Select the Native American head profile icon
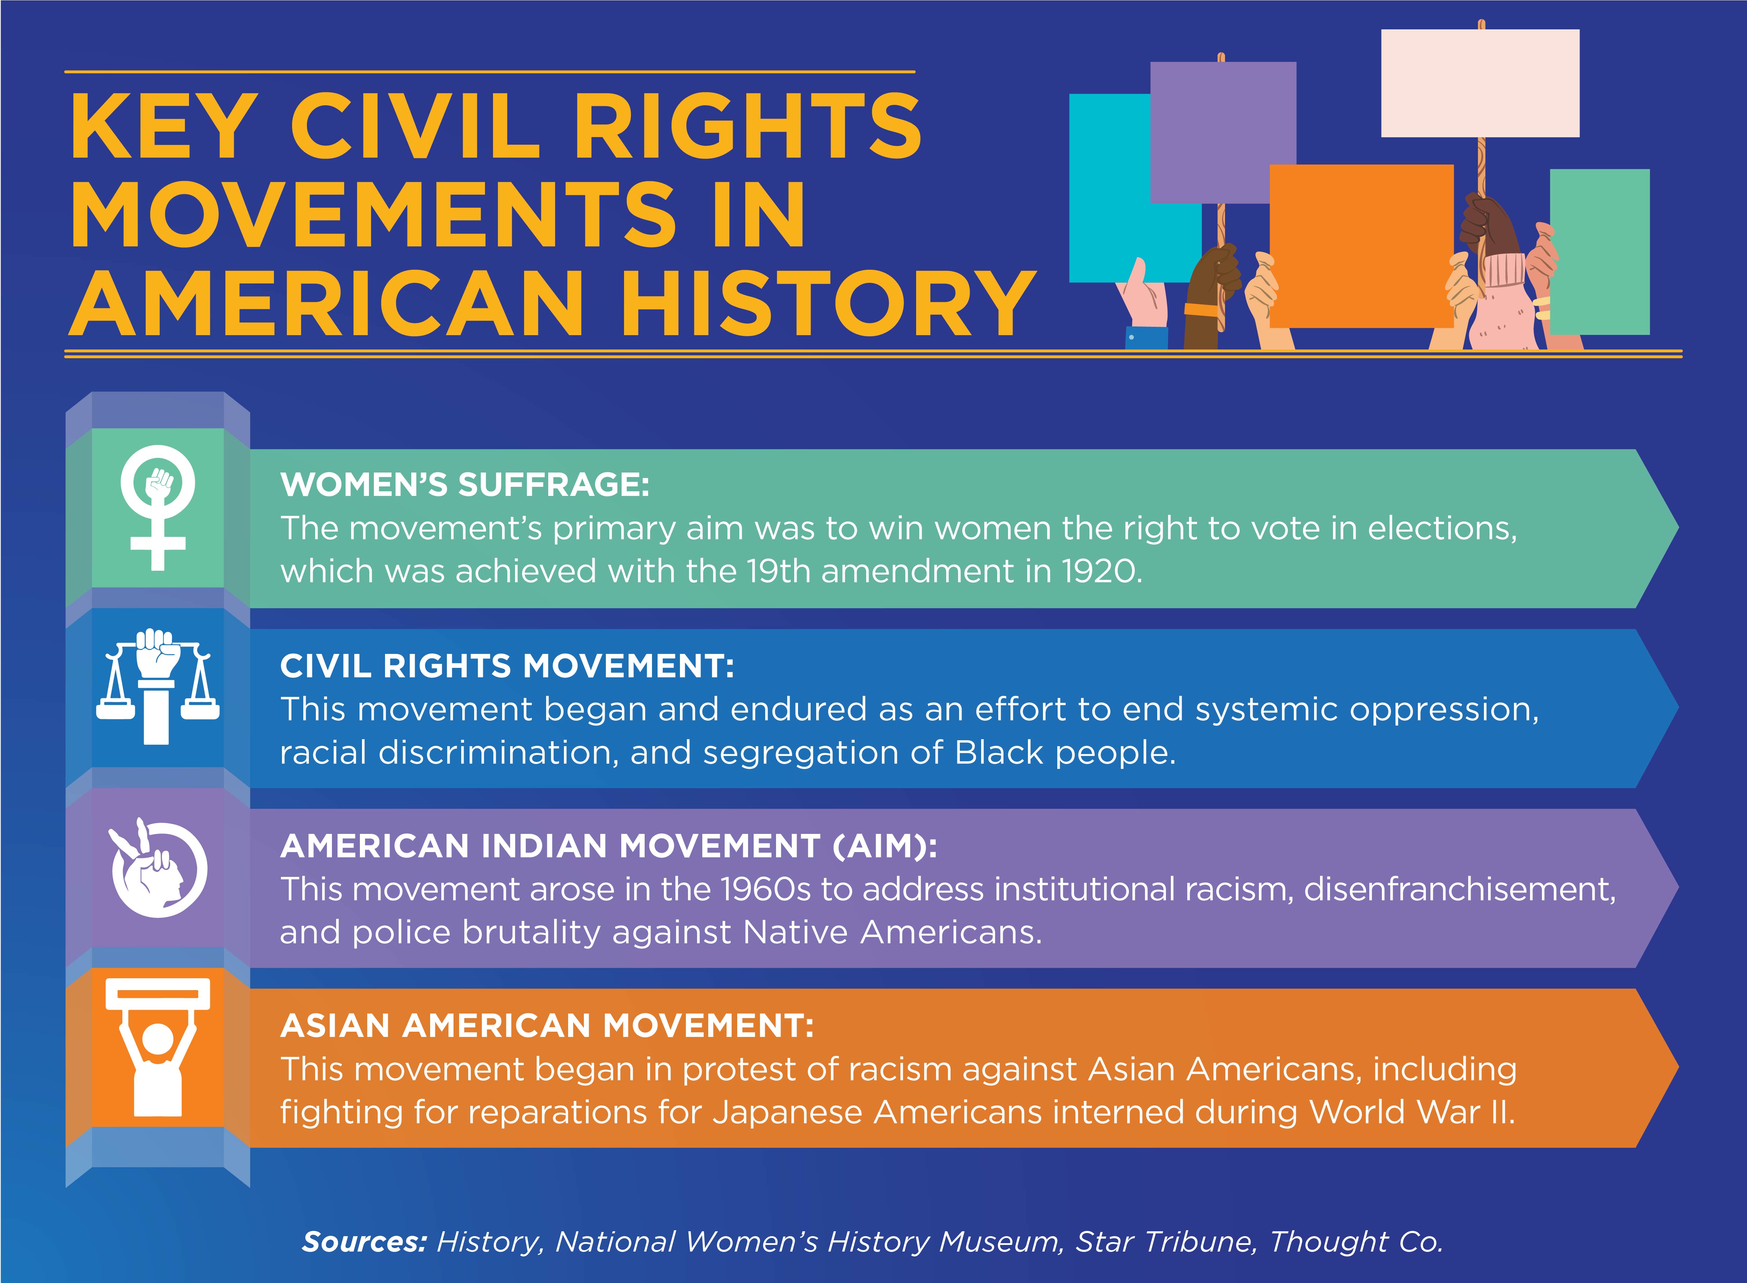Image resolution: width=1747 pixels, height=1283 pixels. [158, 867]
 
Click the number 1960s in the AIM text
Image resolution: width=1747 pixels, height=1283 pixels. [766, 889]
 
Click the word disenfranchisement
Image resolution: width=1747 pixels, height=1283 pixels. [1460, 889]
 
